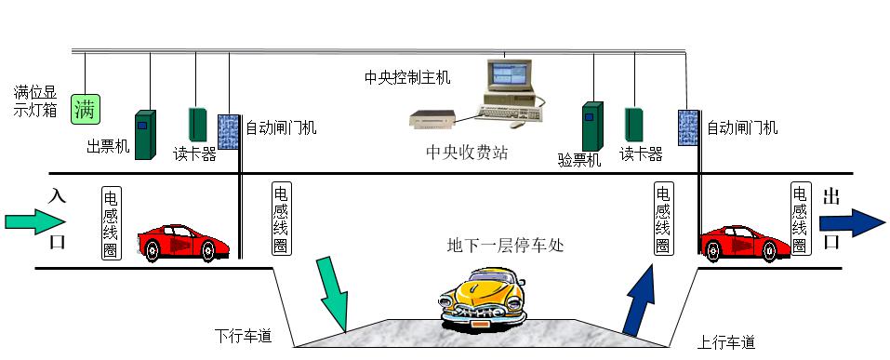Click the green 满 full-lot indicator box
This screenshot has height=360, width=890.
pyautogui.click(x=86, y=109)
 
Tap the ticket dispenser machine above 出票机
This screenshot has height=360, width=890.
pyautogui.click(x=145, y=135)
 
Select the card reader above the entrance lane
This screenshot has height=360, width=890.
pyautogui.click(x=197, y=124)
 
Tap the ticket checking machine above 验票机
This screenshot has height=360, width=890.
pyautogui.click(x=593, y=127)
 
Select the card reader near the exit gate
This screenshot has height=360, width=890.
pyautogui.click(x=634, y=124)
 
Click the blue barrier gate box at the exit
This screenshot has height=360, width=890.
pyautogui.click(x=688, y=127)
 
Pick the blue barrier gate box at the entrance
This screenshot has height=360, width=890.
pyautogui.click(x=228, y=131)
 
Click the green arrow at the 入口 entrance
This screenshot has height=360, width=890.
pyautogui.click(x=35, y=221)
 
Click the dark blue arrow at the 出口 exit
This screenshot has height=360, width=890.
pyautogui.click(x=851, y=222)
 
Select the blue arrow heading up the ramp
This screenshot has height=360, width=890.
pyautogui.click(x=639, y=300)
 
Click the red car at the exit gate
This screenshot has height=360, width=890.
pyautogui.click(x=745, y=243)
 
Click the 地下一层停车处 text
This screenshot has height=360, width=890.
pyautogui.click(x=505, y=247)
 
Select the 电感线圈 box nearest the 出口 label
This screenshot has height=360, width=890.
pyautogui.click(x=800, y=220)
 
